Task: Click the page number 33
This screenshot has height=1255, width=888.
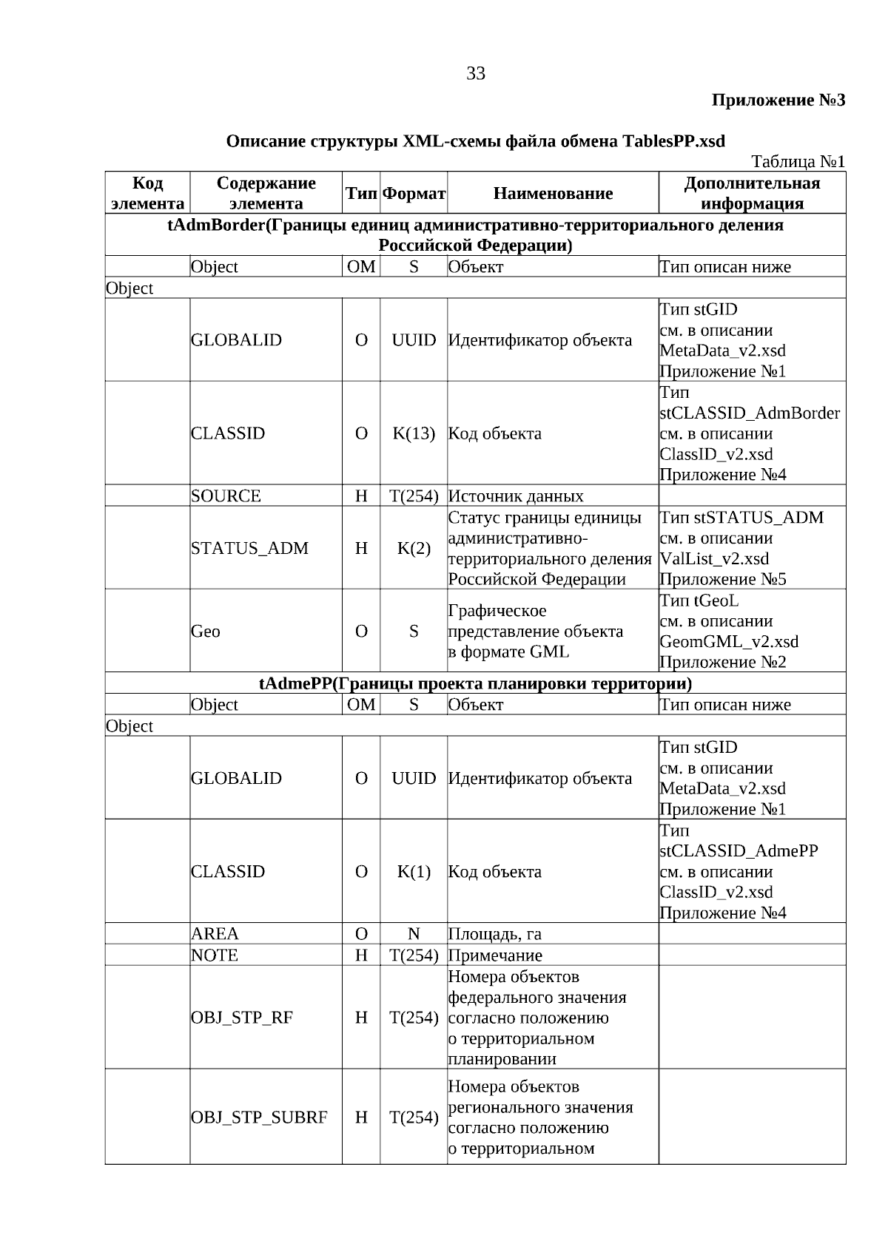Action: pos(476,73)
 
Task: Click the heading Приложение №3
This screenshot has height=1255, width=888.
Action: pos(778,100)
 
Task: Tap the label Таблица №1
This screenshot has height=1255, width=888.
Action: pos(798,161)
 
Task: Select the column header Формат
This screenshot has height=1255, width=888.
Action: pos(414,194)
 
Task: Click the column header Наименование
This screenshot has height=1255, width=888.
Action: pos(553,194)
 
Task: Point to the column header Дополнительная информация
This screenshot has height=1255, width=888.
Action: pos(752,193)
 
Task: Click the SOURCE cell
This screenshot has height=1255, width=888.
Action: pos(226,496)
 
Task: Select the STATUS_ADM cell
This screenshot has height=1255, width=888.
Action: pos(249,549)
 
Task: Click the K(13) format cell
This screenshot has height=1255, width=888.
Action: pos(414,434)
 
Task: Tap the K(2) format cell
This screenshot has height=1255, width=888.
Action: pos(414,549)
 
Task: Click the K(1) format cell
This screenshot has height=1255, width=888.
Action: pos(414,872)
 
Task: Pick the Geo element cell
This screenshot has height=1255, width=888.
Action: pos(206,632)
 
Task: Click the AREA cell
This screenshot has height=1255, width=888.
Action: pos(215,934)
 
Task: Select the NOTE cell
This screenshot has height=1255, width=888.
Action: pos(215,955)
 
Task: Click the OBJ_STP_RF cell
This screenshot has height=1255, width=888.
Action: pos(242,1018)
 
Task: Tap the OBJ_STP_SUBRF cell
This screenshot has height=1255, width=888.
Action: pos(259,1117)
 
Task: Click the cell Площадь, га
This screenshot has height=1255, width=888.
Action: pos(495,934)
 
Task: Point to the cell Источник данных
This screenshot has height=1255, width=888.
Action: pos(516,496)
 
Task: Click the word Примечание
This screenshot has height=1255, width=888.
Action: pos(495,955)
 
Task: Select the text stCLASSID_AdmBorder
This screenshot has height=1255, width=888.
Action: pos(750,413)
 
